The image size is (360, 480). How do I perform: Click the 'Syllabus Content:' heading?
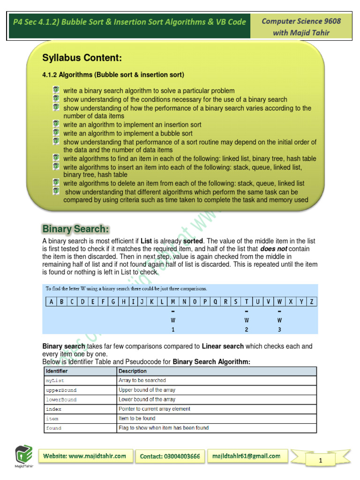82,58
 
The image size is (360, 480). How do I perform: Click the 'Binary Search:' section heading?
76,229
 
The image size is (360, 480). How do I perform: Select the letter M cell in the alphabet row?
173,301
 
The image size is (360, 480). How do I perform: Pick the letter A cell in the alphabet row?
51,301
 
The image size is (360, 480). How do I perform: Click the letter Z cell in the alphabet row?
312,301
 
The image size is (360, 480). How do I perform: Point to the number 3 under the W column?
279,330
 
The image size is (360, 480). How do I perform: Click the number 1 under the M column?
173,330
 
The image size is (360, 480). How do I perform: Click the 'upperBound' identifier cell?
61,390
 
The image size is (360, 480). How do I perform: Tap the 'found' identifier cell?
53,428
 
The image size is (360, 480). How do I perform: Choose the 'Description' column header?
133,371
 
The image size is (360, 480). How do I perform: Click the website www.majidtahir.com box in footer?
85,456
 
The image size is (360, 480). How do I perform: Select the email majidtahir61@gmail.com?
247,456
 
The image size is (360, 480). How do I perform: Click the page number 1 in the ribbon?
320,461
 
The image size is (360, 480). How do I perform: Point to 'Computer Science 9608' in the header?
301,21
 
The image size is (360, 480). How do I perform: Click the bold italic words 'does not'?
274,249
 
